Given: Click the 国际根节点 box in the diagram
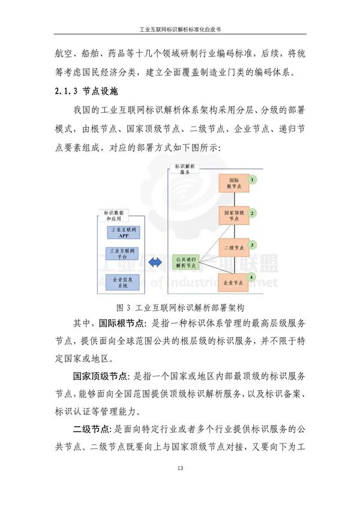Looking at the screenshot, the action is tap(233, 184).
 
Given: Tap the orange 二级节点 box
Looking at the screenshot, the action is tap(233, 247).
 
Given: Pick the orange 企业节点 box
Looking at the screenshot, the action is tap(233, 281).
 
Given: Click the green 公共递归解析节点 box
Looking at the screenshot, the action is tap(185, 262).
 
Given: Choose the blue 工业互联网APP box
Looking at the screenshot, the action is tap(124, 232).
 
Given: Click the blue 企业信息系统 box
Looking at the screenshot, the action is tap(124, 282).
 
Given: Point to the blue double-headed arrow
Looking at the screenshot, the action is tap(156, 262).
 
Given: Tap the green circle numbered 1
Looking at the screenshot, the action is tap(253, 179).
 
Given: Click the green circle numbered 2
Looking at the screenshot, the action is tap(253, 213).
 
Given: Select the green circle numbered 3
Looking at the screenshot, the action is tap(253, 245).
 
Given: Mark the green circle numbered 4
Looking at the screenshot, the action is tap(253, 277).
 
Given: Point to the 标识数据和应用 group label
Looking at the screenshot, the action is tap(114, 215).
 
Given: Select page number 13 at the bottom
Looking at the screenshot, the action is tap(179, 468).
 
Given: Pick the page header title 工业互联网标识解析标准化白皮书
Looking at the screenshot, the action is tap(179, 28).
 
